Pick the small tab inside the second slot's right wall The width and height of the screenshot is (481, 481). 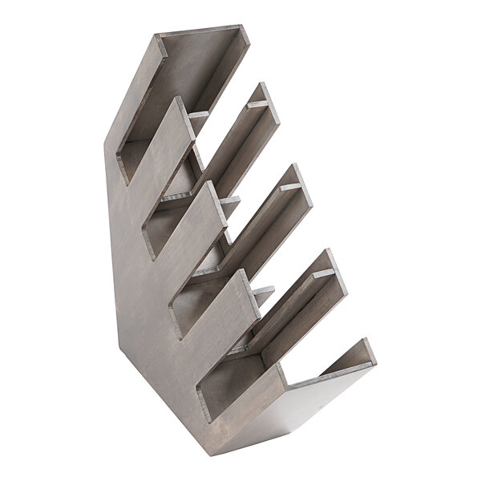pyautogui.click(x=257, y=103)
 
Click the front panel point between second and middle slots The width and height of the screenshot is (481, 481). pyautogui.click(x=211, y=184)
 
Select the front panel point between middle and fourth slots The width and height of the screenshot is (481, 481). pyautogui.click(x=245, y=273)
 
